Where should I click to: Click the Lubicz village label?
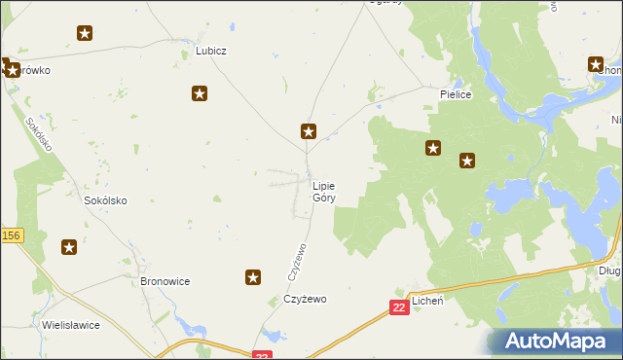pyautogui.click(x=210, y=51)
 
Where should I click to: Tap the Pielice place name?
pyautogui.click(x=456, y=94)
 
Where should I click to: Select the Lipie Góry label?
pyautogui.click(x=324, y=191)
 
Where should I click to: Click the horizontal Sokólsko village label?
pyautogui.click(x=106, y=200)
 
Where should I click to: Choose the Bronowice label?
pyautogui.click(x=165, y=281)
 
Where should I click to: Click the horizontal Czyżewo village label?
pyautogui.click(x=305, y=299)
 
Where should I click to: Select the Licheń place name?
pyautogui.click(x=427, y=302)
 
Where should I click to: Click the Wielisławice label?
pyautogui.click(x=70, y=325)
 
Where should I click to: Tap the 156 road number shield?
pyautogui.click(x=11, y=235)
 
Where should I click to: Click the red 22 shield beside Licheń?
pyautogui.click(x=399, y=307)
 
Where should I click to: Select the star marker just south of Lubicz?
pyautogui.click(x=200, y=93)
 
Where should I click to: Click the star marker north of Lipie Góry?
pyautogui.click(x=309, y=131)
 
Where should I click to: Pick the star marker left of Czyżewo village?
pyautogui.click(x=253, y=278)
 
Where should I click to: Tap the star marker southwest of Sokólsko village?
pyautogui.click(x=69, y=247)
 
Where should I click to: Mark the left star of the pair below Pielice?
pyautogui.click(x=433, y=149)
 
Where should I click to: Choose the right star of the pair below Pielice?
pyautogui.click(x=467, y=162)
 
